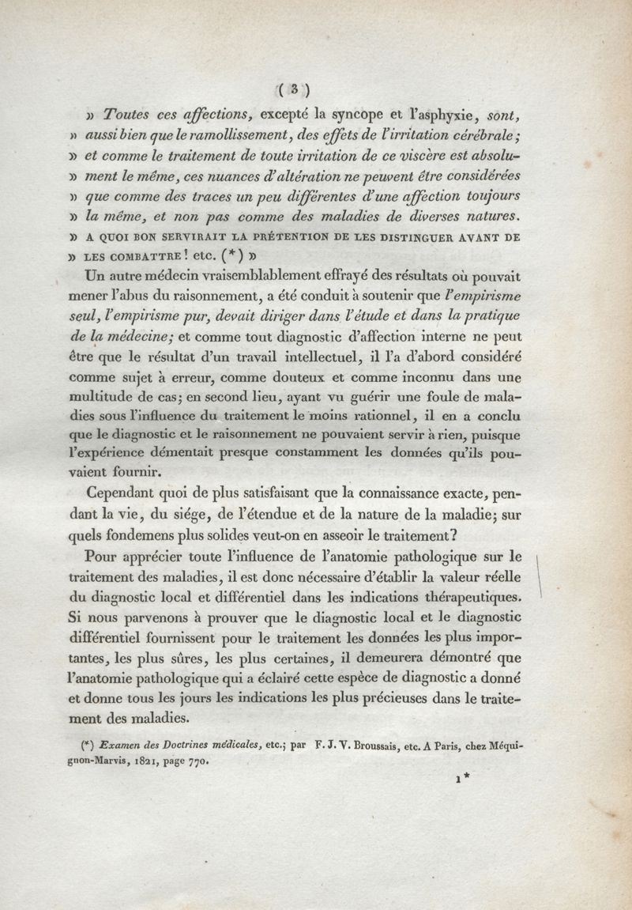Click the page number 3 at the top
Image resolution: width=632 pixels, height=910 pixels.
292,89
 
